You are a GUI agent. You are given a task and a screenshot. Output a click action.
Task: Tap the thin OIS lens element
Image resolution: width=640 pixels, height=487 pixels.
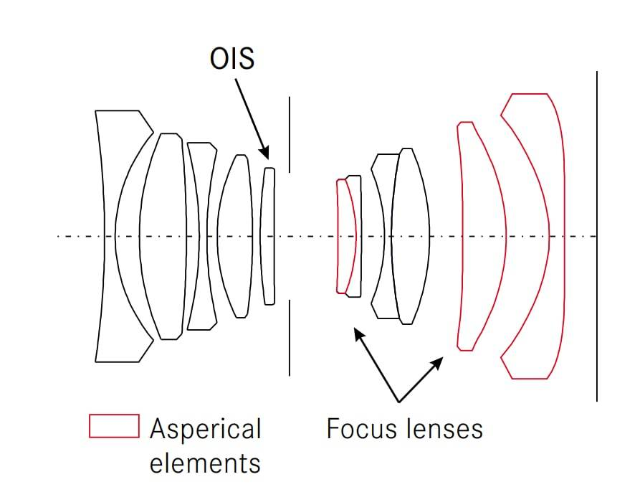[268, 236]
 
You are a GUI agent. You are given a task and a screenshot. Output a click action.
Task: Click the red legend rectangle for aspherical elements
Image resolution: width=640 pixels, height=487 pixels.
[113, 425]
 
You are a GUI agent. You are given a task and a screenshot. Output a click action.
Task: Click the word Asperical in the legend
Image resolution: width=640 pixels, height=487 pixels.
[205, 430]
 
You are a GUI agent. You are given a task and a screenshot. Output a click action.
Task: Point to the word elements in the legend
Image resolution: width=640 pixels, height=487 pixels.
[204, 463]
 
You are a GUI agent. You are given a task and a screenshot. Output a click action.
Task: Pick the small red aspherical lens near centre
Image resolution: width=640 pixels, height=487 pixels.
[347, 236]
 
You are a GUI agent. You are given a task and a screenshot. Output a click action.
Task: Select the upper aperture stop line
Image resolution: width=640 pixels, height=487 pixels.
[290, 134]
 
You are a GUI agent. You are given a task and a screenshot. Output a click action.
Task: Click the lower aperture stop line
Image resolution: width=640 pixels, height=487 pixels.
[290, 338]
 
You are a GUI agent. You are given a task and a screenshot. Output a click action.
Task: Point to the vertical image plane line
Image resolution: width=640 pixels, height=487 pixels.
[596, 236]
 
